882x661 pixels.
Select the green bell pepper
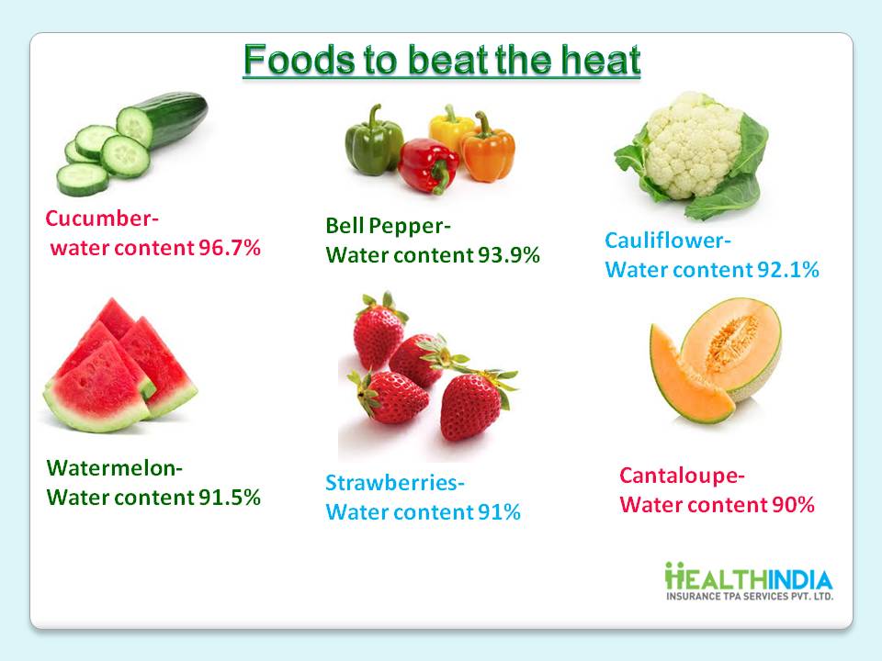374,141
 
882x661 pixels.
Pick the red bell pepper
429,166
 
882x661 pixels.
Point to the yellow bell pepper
450,129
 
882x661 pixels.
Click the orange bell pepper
488,149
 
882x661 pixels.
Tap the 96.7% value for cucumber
230,247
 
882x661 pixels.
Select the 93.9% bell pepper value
508,254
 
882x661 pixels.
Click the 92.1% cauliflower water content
787,270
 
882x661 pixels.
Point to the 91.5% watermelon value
230,497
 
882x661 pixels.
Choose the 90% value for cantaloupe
793,504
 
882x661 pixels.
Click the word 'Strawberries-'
395,482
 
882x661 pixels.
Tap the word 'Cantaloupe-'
682,476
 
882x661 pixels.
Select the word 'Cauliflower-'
668,240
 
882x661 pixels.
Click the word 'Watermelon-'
115,467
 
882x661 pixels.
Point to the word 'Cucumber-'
102,218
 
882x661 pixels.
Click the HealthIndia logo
749,581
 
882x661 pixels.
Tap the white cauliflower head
693,146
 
